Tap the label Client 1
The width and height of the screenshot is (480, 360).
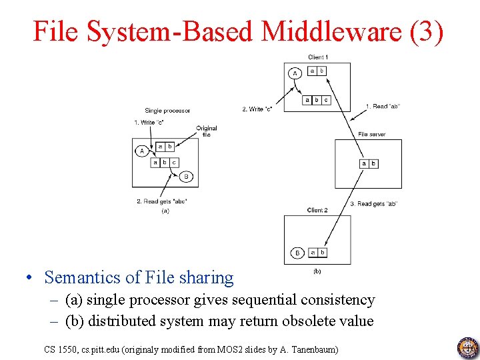coord(317,57)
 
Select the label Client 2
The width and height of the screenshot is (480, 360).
coord(317,210)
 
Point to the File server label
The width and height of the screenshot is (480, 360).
coord(371,135)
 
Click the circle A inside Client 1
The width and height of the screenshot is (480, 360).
coord(295,73)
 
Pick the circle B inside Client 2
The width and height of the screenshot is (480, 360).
coord(297,253)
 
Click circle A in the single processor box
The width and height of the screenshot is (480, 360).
coord(141,151)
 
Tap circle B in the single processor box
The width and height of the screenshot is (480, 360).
coord(186,177)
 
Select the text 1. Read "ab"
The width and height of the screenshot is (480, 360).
coord(383,106)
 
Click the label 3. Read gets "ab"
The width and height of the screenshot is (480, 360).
coord(373,204)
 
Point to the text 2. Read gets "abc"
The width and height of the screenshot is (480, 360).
coord(162,201)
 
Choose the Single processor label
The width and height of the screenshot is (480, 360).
coord(167,111)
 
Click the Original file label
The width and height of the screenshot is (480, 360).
coord(207,131)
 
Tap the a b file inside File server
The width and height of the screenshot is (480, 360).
coord(369,163)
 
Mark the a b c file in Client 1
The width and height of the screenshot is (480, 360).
coord(316,101)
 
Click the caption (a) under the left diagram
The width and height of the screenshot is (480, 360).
coord(165,211)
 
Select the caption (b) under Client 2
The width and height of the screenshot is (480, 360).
coord(317,271)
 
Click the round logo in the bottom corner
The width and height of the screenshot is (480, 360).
coord(467,347)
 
